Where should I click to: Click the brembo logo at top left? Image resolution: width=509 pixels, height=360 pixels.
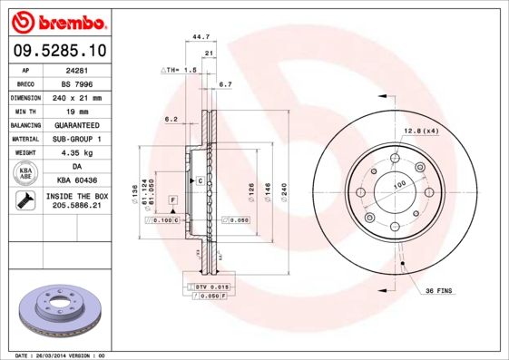pos(59,20)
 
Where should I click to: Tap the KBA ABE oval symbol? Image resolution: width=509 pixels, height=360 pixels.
pos(26,174)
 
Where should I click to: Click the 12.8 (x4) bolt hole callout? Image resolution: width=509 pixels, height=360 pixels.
pos(422,132)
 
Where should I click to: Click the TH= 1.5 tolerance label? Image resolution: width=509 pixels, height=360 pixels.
pos(180,69)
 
